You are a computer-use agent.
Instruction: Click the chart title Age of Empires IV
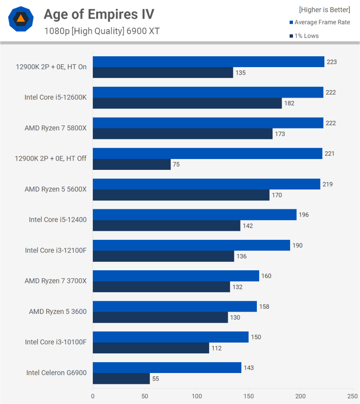98,15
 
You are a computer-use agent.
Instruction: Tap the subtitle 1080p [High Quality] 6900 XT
102,31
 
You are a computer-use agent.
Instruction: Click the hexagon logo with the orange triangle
21,19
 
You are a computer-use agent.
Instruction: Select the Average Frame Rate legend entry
322,23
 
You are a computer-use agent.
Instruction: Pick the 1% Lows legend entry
307,36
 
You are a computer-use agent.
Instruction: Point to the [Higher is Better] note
324,10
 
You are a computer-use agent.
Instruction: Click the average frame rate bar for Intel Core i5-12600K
208,92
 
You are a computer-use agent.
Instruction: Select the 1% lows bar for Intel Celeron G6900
121,379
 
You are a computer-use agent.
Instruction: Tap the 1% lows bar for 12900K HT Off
131,165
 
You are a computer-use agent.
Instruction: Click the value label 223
332,62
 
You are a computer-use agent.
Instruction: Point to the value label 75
176,165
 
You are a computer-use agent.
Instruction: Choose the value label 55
156,379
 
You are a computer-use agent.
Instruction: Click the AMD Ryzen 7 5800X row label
55,128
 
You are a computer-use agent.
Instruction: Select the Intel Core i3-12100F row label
56,251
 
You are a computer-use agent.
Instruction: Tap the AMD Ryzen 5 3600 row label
58,312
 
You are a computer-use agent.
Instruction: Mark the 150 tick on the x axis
248,396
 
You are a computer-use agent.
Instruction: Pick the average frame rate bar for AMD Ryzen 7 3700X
176,276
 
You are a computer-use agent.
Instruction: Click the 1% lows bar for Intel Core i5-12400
166,226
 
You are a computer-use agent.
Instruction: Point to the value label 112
216,348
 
